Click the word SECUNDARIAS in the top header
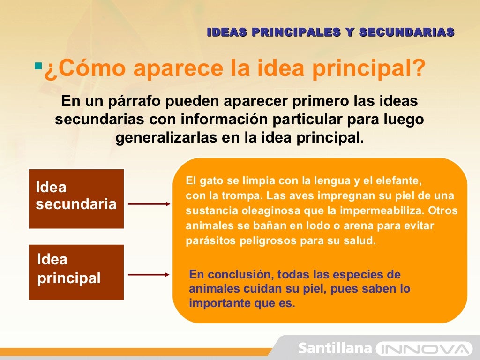(407, 32)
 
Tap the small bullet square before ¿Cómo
(38, 63)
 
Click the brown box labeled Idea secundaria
(76, 198)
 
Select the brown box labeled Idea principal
(76, 272)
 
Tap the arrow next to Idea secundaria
(149, 204)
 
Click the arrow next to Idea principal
(149, 275)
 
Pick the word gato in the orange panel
(210, 180)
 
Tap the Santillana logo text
(335, 348)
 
